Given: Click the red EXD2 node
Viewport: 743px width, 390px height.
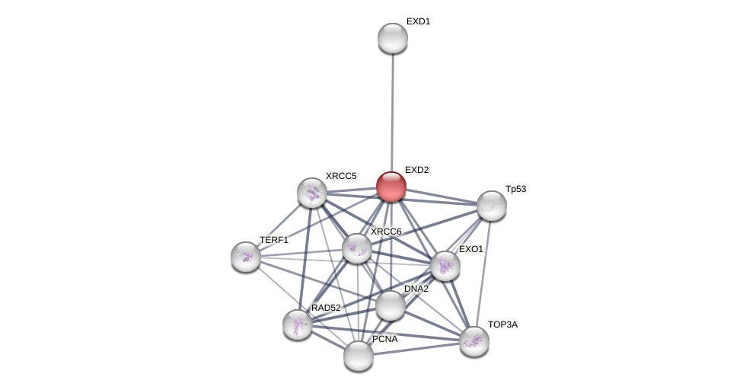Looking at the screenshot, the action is [x=391, y=187].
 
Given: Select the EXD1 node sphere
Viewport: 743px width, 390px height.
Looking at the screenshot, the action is [x=393, y=38].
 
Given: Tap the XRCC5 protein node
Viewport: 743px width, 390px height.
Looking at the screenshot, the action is [x=312, y=193].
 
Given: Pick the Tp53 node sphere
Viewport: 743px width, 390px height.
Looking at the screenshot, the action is [x=491, y=206].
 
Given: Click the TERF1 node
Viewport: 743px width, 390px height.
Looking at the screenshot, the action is [x=246, y=257].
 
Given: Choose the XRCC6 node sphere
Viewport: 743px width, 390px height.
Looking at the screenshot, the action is [x=357, y=248].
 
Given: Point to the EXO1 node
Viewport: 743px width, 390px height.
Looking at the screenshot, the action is [x=445, y=266].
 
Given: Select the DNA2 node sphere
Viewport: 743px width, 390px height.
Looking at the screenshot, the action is [x=391, y=305].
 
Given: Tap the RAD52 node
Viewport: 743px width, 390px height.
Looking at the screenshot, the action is [x=298, y=324].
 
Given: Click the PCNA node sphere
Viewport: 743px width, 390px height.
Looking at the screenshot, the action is [x=359, y=356].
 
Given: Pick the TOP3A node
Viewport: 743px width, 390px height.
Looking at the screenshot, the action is [x=474, y=342].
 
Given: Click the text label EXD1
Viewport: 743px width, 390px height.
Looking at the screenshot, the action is [x=419, y=22].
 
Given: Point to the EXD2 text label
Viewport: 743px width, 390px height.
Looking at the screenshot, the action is [x=417, y=170].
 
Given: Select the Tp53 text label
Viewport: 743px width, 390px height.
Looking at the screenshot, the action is [x=516, y=189].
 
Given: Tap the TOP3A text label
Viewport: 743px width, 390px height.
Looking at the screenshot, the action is [x=502, y=325].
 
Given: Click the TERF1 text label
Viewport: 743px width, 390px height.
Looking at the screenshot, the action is [x=274, y=240].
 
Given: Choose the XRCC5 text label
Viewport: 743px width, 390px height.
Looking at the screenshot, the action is [x=341, y=176].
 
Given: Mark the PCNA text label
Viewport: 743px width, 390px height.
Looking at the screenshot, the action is [x=384, y=339].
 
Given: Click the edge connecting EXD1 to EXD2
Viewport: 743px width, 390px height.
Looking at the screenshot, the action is [x=392, y=113].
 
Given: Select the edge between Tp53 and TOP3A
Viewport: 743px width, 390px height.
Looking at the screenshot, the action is [x=484, y=273].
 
